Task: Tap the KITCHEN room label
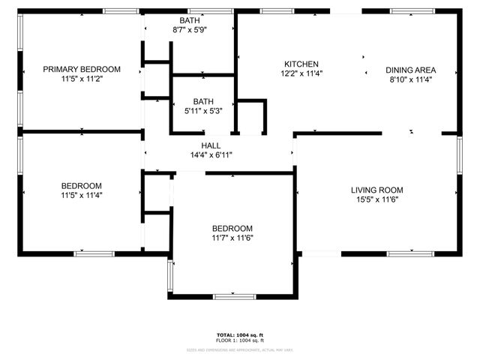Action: pyautogui.click(x=301, y=64)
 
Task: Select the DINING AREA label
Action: pyautogui.click(x=411, y=70)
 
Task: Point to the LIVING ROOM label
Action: pyautogui.click(x=377, y=190)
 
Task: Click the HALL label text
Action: pyautogui.click(x=211, y=145)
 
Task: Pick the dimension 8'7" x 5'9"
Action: pyautogui.click(x=189, y=29)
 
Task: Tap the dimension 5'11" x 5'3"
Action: pyautogui.click(x=202, y=110)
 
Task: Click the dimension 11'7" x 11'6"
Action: pyautogui.click(x=232, y=238)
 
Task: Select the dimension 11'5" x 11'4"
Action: pyautogui.click(x=81, y=195)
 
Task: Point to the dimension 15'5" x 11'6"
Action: pyautogui.click(x=377, y=199)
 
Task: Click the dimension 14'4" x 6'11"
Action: pyautogui.click(x=211, y=155)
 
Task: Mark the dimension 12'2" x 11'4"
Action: pyautogui.click(x=301, y=73)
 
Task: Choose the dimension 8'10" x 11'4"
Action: pyautogui.click(x=411, y=79)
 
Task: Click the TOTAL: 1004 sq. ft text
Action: pyautogui.click(x=240, y=334)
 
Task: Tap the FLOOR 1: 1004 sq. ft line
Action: pyautogui.click(x=240, y=340)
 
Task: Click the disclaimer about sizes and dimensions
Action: pyautogui.click(x=240, y=349)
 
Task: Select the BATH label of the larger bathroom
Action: pyautogui.click(x=189, y=20)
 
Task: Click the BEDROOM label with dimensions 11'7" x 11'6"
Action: pyautogui.click(x=232, y=228)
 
